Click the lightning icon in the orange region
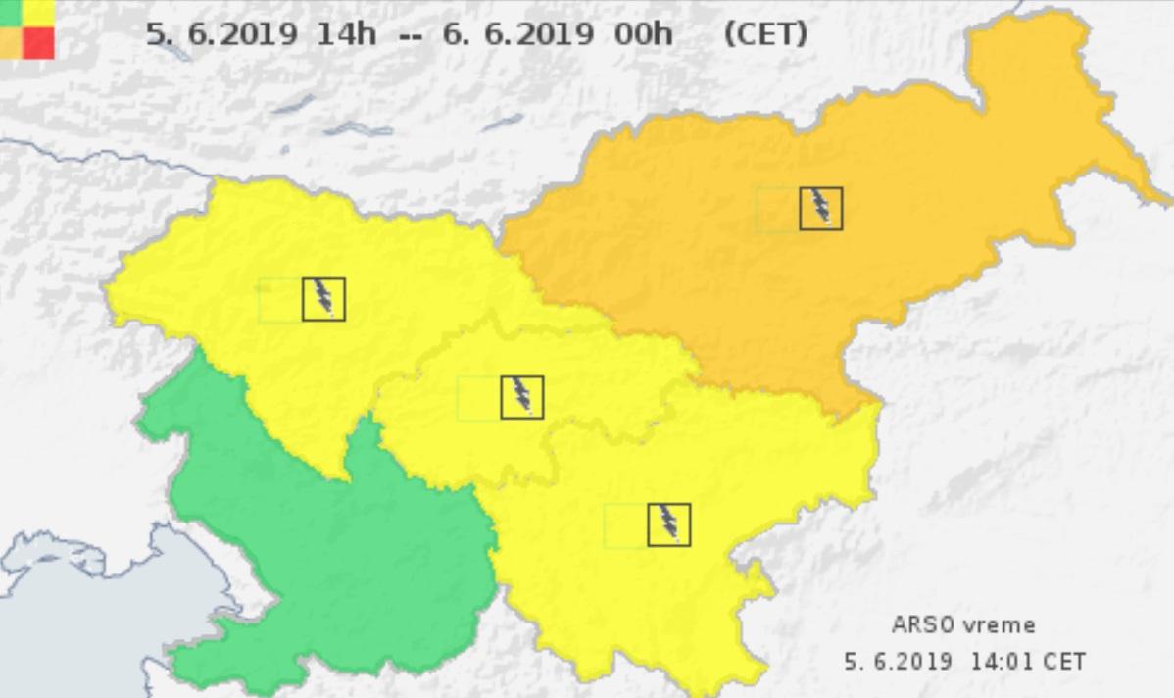tap(820, 209)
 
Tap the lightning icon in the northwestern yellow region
tap(323, 299)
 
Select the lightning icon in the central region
tap(521, 397)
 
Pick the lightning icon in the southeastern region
tap(668, 524)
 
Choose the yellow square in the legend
tap(39, 11)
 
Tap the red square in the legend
tap(39, 42)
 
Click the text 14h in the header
tap(346, 34)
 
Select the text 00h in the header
tap(644, 34)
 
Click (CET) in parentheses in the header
tap(765, 34)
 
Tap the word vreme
tap(1000, 625)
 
